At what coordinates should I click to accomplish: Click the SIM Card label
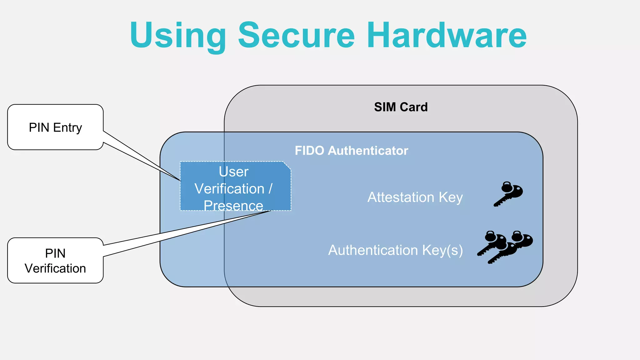(x=401, y=107)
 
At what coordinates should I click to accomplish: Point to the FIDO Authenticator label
(x=351, y=151)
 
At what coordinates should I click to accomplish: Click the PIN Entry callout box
(x=55, y=127)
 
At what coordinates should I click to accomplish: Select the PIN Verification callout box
(x=55, y=261)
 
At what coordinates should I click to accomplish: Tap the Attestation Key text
(x=415, y=197)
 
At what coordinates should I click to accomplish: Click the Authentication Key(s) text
(x=395, y=250)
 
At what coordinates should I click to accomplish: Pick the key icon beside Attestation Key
(x=508, y=194)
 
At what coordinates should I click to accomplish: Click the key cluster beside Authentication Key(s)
(x=505, y=247)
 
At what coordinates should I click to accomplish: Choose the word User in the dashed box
(x=233, y=172)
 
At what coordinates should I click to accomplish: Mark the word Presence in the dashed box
(x=233, y=205)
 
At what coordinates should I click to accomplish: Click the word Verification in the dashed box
(x=229, y=189)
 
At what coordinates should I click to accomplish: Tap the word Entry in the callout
(x=67, y=127)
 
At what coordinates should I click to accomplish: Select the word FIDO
(x=309, y=151)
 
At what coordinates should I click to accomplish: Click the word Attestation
(x=401, y=197)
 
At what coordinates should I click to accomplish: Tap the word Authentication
(x=373, y=250)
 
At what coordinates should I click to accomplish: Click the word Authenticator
(x=368, y=151)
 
